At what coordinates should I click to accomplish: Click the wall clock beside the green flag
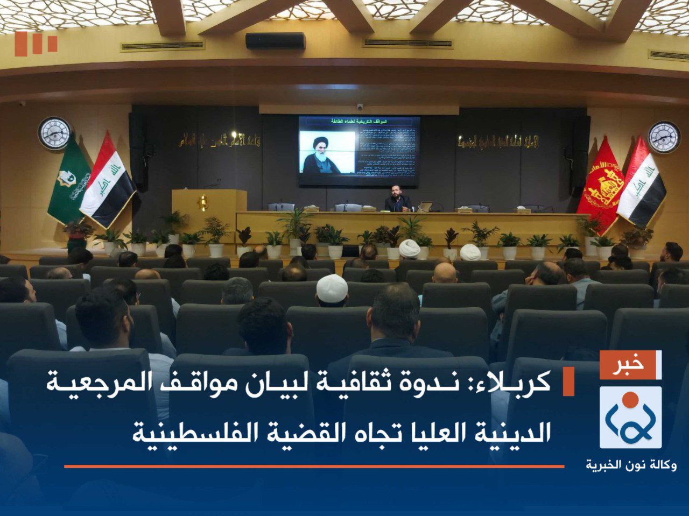point(54,133)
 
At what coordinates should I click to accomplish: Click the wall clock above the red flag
point(664,137)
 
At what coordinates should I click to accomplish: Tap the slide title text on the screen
point(358,122)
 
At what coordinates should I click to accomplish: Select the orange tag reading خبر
point(630,365)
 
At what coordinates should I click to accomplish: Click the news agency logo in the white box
point(630,417)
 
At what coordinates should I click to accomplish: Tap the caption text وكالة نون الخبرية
point(631,464)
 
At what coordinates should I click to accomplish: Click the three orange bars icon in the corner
point(36,44)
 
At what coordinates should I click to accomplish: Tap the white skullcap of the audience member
point(332,287)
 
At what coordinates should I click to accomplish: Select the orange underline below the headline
point(314,466)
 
